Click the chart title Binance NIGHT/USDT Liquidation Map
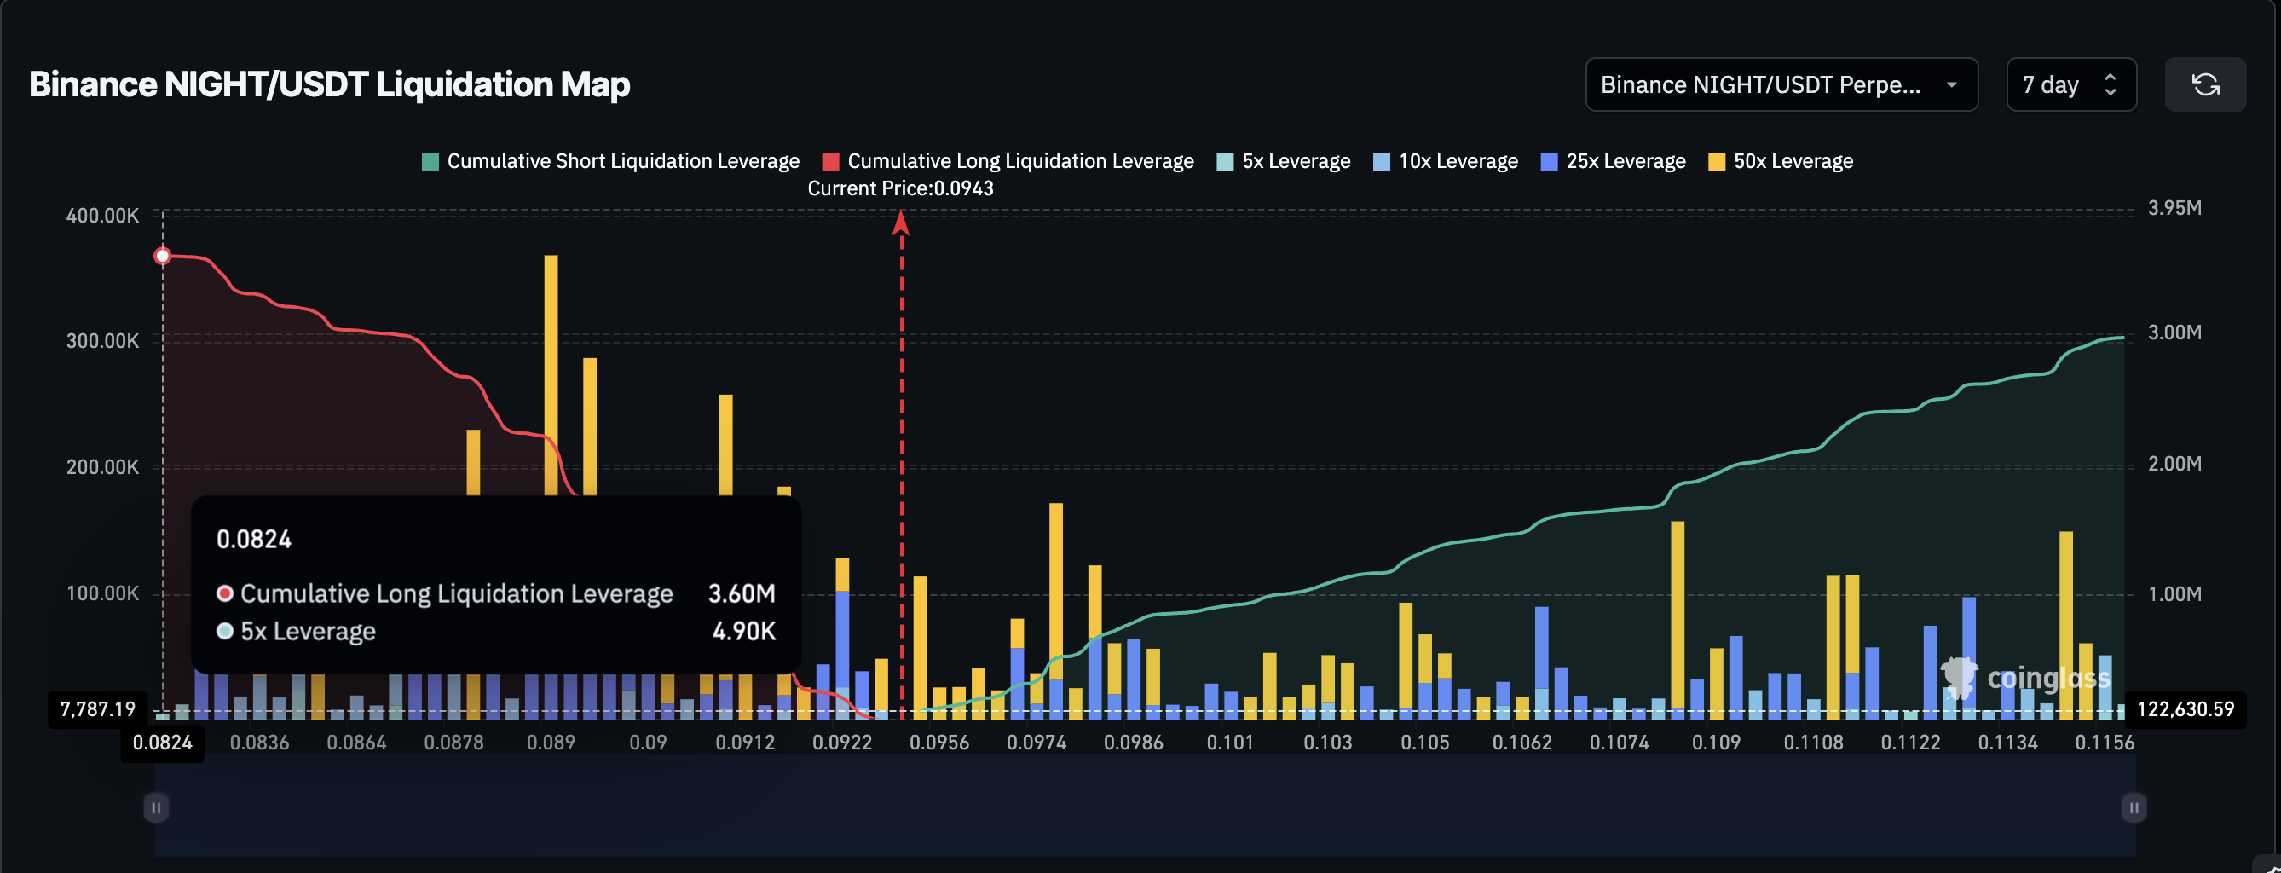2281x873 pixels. pos(328,85)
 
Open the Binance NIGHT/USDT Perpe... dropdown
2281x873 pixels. pos(1781,85)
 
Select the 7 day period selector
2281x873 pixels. pos(2070,85)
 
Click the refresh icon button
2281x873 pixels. pos(2204,85)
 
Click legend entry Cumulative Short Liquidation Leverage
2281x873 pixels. pos(611,161)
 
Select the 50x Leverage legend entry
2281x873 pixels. pos(1781,161)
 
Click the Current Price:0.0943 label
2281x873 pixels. pos(899,188)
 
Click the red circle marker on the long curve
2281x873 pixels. pos(162,257)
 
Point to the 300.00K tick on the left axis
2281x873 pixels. pos(103,341)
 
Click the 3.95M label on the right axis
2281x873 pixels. pos(2174,208)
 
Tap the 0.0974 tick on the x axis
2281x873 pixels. pos(1036,743)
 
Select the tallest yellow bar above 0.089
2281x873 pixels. pos(551,372)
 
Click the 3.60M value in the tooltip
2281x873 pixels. pos(741,593)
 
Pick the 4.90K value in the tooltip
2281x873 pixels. pos(744,631)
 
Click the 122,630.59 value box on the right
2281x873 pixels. pos(2185,709)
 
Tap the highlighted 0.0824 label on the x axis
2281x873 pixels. pos(162,743)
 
